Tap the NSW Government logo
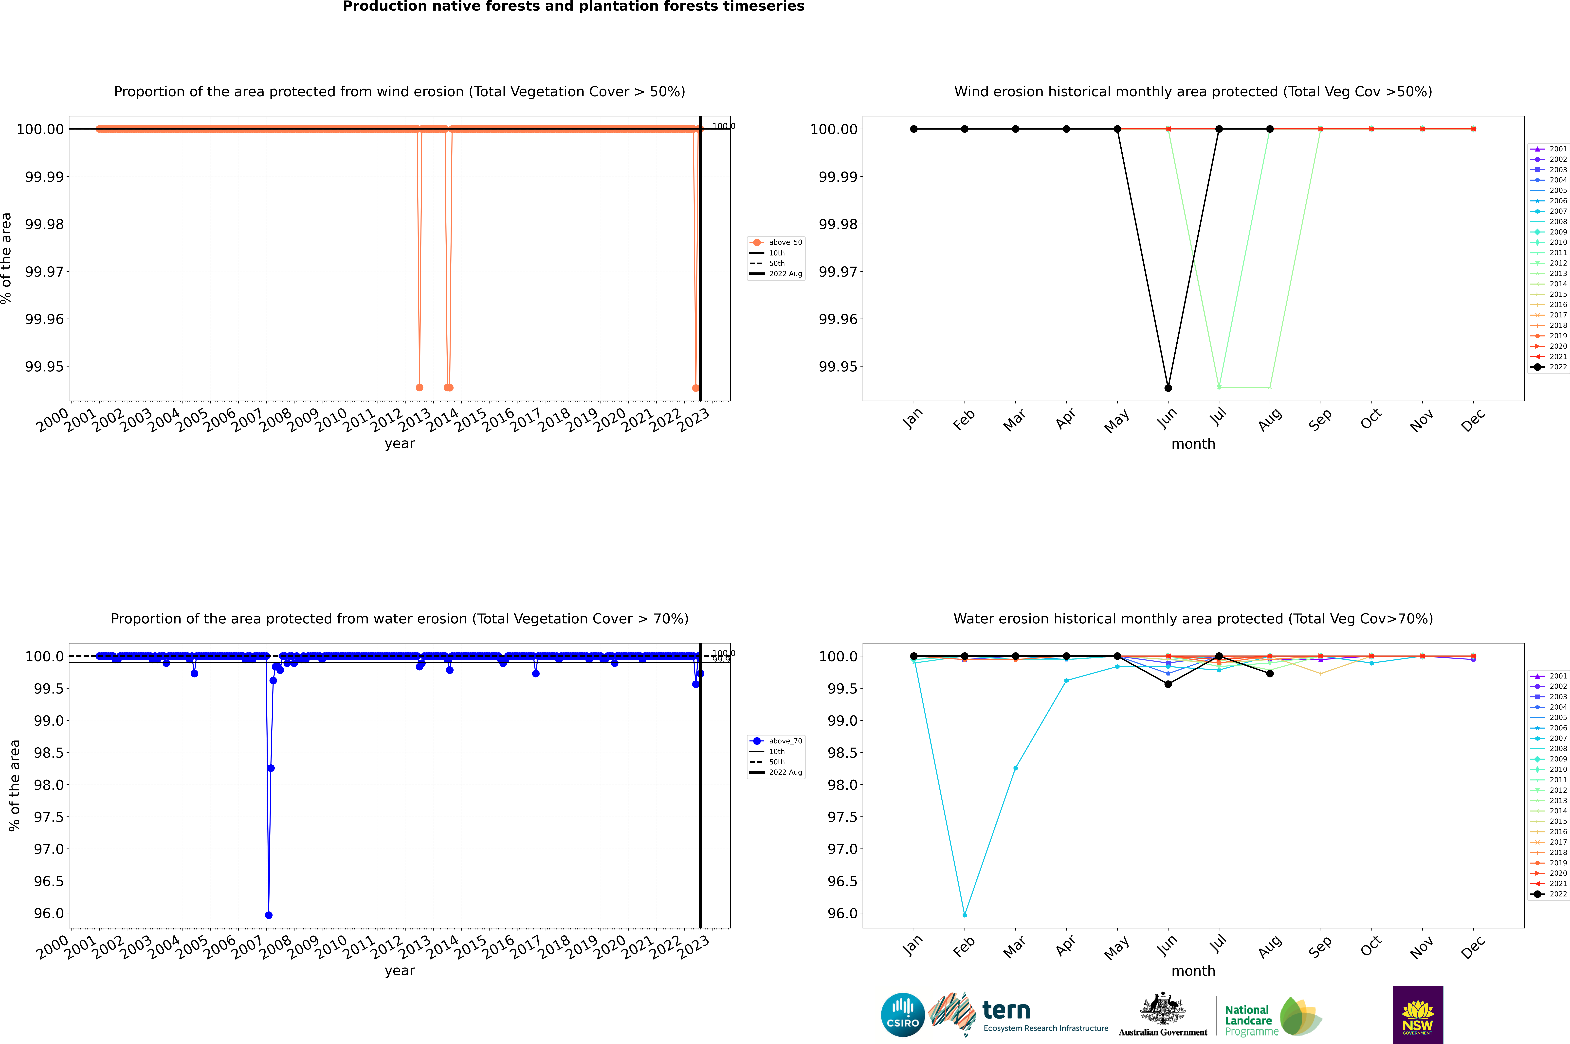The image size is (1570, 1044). [1418, 1015]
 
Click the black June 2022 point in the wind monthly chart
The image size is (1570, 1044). [1168, 387]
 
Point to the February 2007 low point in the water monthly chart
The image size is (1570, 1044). [964, 915]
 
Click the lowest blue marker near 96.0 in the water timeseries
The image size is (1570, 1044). [268, 915]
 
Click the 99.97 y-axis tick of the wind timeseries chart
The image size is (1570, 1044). [45, 272]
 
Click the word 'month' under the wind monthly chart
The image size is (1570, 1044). [1193, 444]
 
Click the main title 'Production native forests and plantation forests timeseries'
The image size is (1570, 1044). [573, 7]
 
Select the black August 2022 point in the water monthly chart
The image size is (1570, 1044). [1270, 674]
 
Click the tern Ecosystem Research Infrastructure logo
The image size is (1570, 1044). [1018, 1015]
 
